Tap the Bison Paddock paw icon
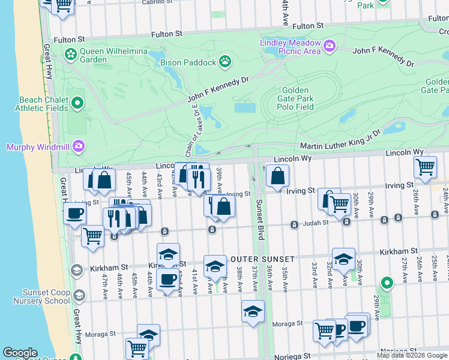tap(225, 61)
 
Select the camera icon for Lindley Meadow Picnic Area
tap(329, 46)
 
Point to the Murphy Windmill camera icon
tap(78, 146)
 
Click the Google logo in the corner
tap(20, 353)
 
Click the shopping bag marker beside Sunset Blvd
tap(277, 175)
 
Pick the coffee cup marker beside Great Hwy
tap(75, 213)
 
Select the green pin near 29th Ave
tap(387, 282)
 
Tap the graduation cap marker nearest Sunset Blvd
tap(253, 311)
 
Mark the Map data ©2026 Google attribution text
tap(412, 355)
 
